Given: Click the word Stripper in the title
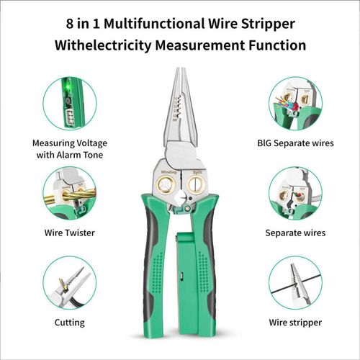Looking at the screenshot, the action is (268, 24).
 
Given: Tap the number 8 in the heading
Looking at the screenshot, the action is (70, 24).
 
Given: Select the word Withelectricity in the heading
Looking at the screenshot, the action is (103, 45).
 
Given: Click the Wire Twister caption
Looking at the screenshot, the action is (69, 233).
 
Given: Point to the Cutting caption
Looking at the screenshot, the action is (69, 323).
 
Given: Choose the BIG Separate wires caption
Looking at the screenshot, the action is (295, 143).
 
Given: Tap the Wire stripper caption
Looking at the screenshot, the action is (295, 323).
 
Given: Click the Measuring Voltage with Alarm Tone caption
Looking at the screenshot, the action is (70, 149).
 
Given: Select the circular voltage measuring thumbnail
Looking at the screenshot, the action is (70, 104).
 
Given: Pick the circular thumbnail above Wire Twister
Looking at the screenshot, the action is (70, 193).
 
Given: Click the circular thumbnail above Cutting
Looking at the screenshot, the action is (70, 283).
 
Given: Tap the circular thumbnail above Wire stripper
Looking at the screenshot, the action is (295, 283).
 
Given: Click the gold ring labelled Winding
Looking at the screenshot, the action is (166, 185).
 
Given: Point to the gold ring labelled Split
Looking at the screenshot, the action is (197, 184).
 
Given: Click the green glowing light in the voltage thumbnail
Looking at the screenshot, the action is (69, 87).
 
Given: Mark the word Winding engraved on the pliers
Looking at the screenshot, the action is (168, 172).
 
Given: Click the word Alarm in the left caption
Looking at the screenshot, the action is (71, 155).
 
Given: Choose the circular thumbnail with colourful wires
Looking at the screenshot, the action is (295, 104).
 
